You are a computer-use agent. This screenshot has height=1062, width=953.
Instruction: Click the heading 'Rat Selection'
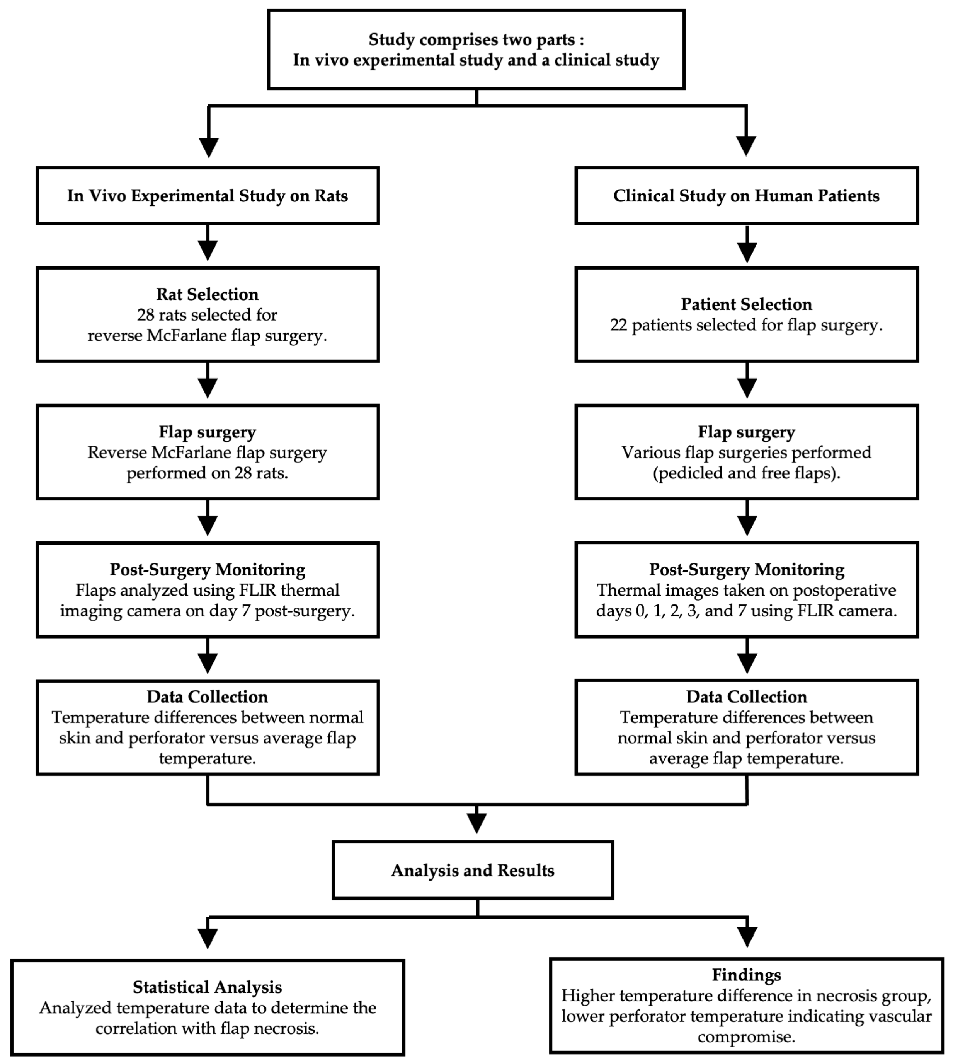208,294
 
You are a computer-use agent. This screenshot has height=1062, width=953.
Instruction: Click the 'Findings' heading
746,975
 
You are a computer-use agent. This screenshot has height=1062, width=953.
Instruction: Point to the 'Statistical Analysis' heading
208,987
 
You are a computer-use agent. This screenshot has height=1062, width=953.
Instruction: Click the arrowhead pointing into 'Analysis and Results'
476,823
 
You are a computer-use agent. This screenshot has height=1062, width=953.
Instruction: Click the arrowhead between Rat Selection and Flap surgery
208,388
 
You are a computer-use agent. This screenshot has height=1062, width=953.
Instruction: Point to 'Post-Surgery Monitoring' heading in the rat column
208,570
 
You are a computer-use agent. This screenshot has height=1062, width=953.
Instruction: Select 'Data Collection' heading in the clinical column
746,697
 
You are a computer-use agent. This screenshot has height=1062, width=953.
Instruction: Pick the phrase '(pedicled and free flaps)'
746,473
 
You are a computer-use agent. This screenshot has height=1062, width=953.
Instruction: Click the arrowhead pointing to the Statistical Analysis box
208,938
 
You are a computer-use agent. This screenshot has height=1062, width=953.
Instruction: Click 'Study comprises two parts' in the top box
471,40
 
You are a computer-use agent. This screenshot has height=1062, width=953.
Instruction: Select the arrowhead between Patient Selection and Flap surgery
747,388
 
